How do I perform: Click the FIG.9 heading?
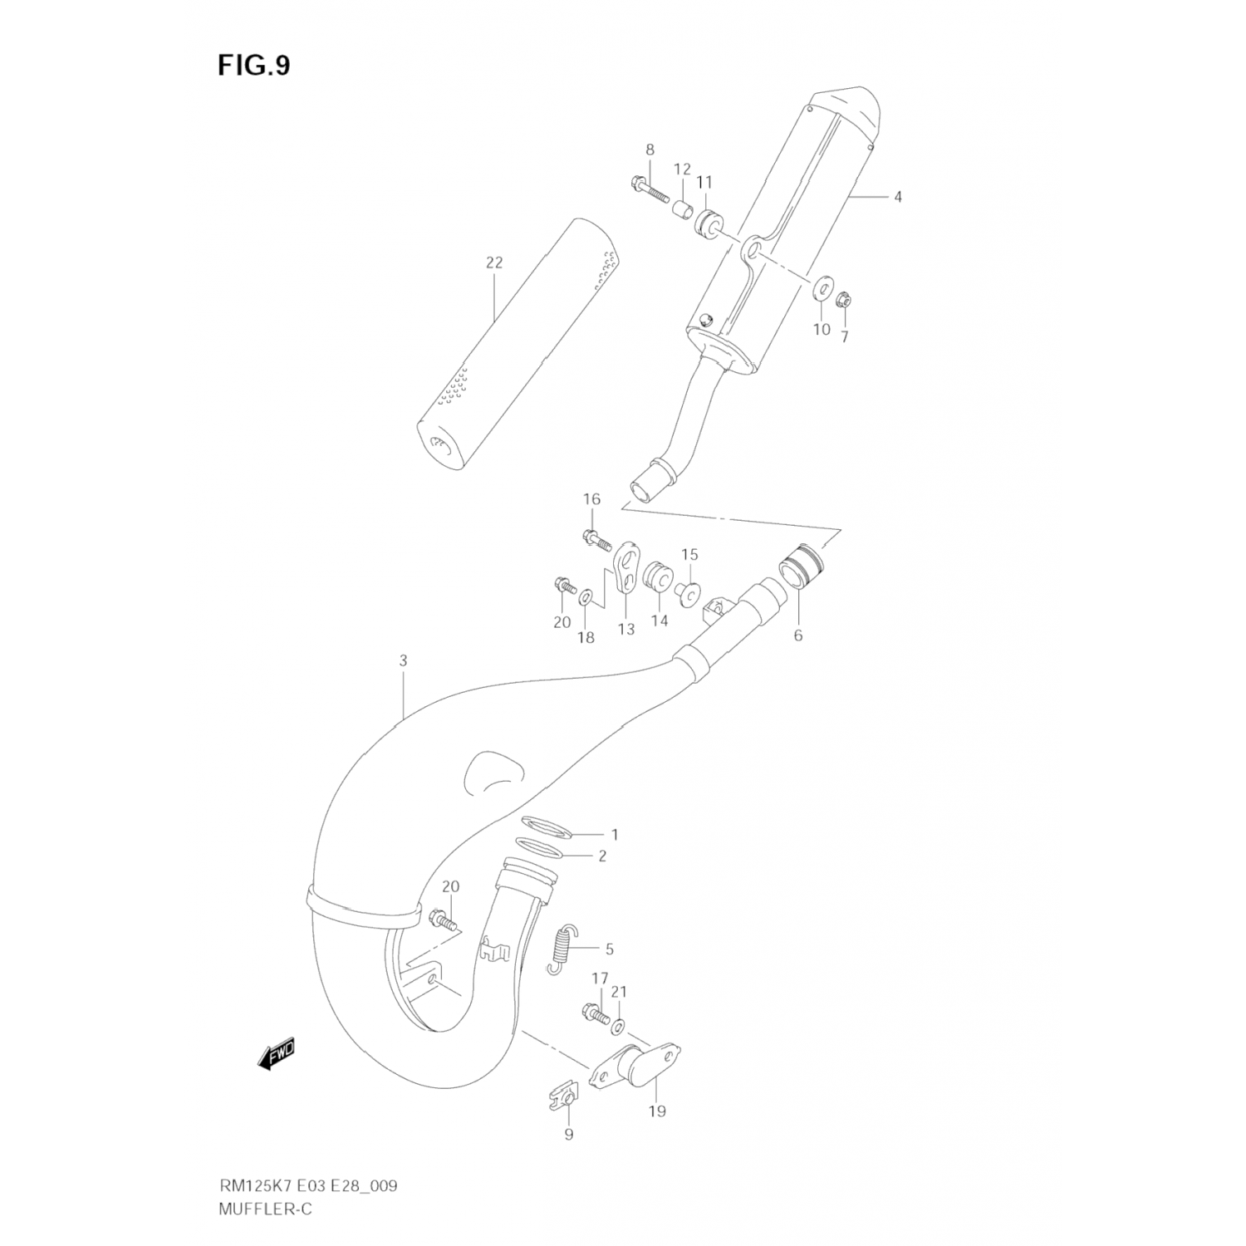click(254, 66)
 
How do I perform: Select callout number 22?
click(494, 262)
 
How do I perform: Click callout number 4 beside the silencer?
click(898, 197)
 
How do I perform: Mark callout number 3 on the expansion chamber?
click(403, 661)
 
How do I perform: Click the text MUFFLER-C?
click(266, 1209)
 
